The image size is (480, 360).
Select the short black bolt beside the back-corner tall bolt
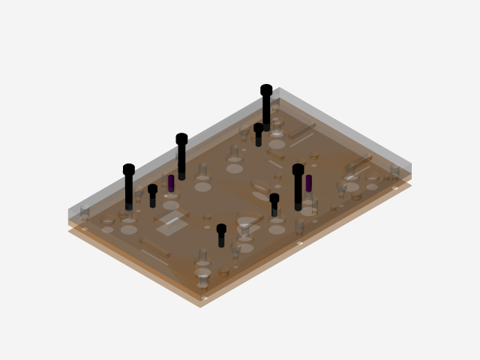(x=259, y=135)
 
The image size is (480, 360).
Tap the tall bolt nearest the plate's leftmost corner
(x=129, y=187)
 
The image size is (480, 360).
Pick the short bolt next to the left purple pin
(x=153, y=196)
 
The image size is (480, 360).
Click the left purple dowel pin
(x=171, y=183)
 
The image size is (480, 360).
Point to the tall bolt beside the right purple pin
(x=298, y=187)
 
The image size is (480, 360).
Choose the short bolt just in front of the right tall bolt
(x=274, y=205)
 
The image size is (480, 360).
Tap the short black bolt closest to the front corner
(x=221, y=235)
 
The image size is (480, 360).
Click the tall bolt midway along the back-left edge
(x=181, y=156)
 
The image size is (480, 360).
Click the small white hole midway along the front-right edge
(x=300, y=243)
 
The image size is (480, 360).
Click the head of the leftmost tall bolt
(x=129, y=169)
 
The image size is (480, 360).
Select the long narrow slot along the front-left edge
(x=154, y=251)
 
